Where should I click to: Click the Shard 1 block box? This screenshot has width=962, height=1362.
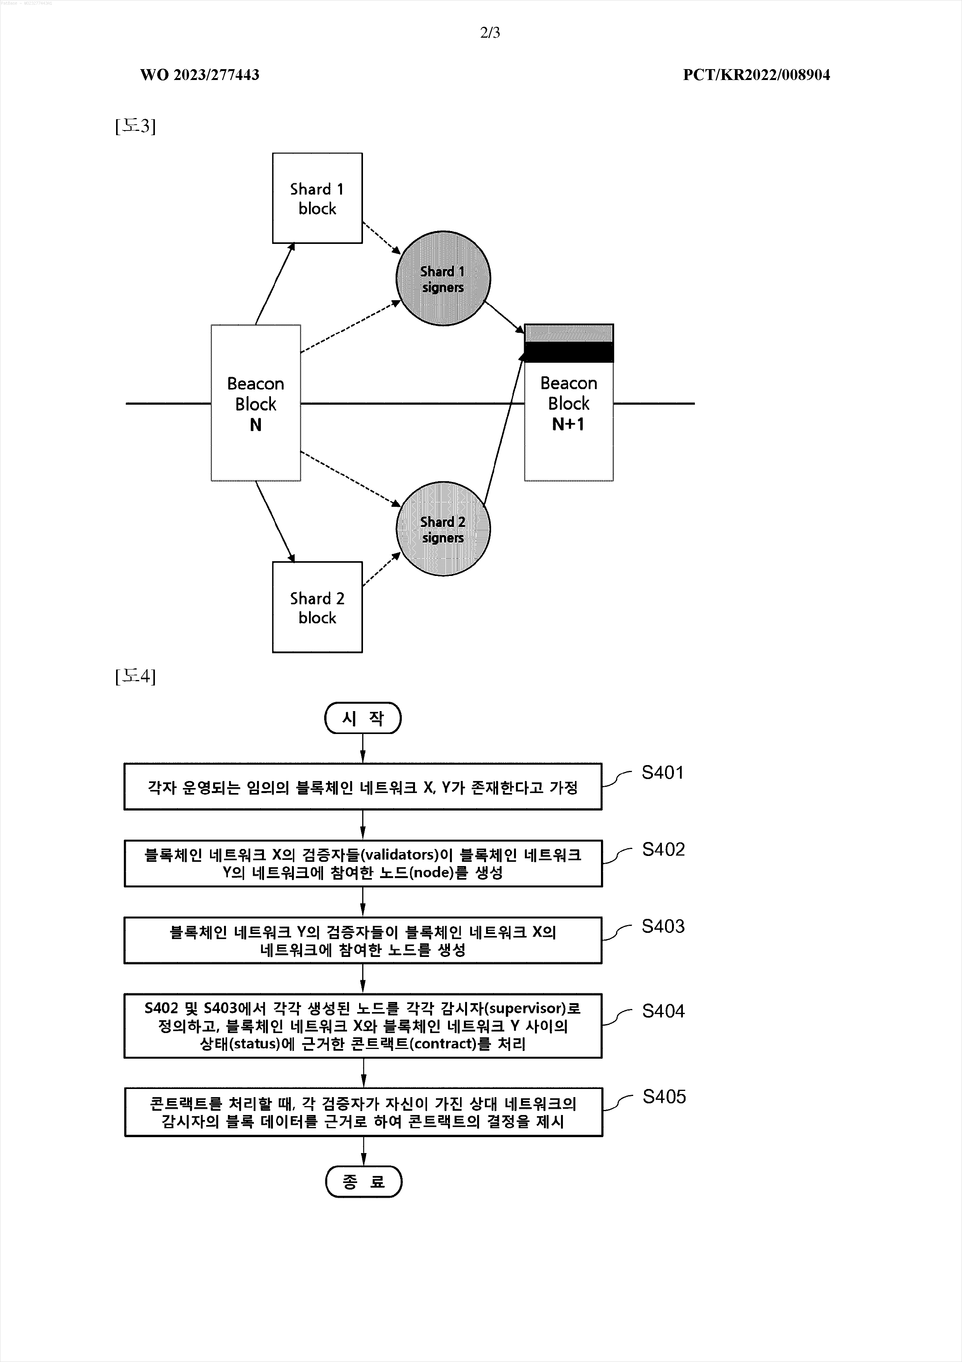click(317, 198)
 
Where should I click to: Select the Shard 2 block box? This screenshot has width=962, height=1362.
click(317, 607)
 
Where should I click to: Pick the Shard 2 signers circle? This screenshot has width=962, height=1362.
click(443, 529)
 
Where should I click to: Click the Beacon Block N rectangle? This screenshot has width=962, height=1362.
click(255, 403)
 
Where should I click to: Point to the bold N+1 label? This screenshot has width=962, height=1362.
click(568, 424)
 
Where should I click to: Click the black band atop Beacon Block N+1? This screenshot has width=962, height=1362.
click(569, 352)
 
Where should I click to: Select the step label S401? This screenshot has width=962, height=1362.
click(662, 772)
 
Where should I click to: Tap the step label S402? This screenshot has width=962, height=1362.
click(663, 849)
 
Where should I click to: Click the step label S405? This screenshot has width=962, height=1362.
click(664, 1097)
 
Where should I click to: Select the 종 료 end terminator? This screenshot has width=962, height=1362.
click(364, 1182)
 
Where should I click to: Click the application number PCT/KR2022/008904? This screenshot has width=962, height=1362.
click(756, 75)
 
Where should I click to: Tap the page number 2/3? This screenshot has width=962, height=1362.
click(490, 33)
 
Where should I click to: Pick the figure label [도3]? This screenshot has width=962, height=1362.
click(135, 126)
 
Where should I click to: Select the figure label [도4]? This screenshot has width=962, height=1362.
click(135, 676)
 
